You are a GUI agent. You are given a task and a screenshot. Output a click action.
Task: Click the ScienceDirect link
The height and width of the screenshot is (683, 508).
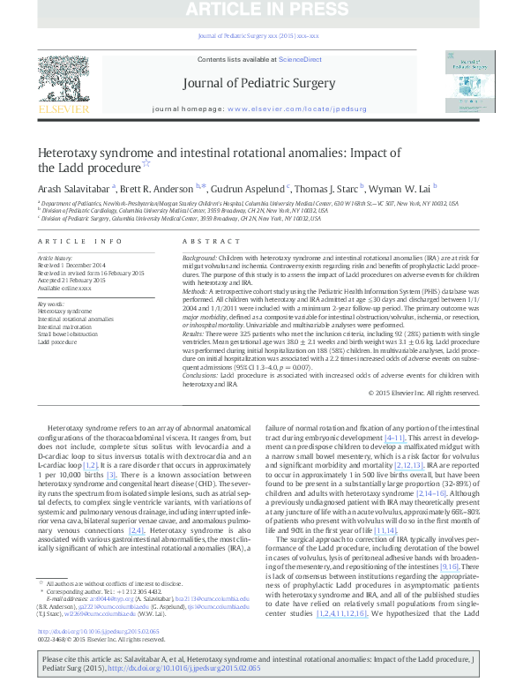point(300,59)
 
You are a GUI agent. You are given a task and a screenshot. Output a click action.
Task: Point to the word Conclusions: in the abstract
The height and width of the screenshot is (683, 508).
point(201,375)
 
